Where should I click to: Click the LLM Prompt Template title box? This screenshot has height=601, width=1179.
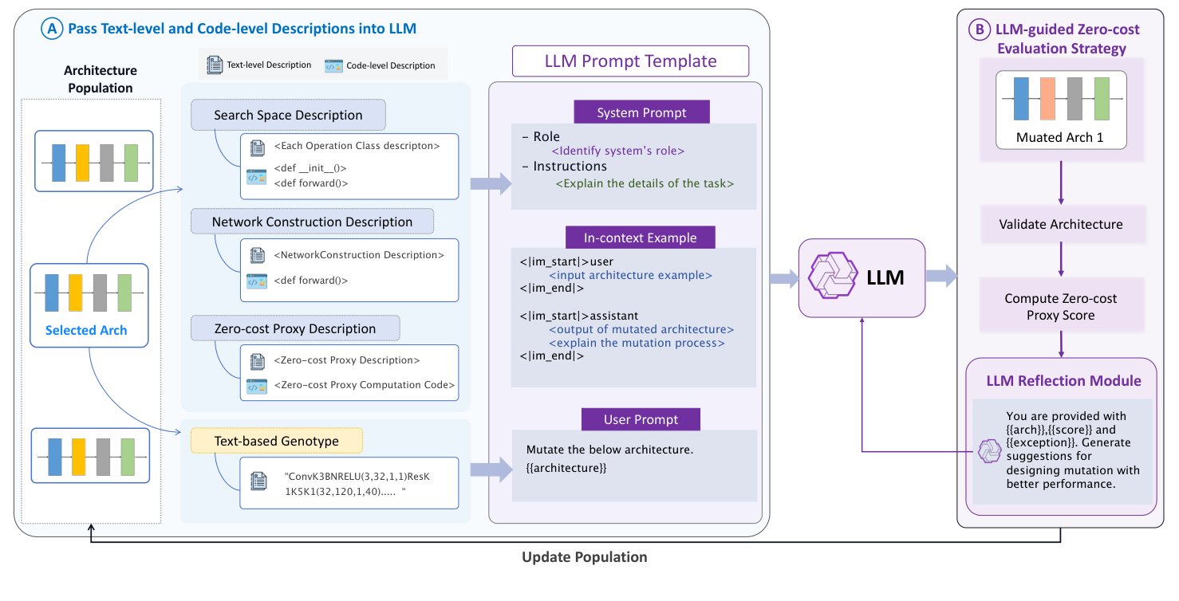point(630,61)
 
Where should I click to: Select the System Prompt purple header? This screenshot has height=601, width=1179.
point(641,112)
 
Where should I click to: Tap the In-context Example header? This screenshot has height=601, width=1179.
point(640,238)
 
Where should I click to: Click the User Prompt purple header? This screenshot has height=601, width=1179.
point(641,419)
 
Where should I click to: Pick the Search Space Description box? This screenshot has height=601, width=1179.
point(288,115)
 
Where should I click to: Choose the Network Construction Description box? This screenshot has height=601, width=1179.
point(312,222)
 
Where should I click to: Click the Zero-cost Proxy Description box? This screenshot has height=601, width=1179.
point(295,328)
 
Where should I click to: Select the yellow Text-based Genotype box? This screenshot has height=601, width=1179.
point(276,441)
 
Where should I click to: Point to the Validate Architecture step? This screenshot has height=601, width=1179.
point(1060,224)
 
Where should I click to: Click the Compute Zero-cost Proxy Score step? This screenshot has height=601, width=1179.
point(1060,307)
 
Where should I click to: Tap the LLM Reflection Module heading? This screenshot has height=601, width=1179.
point(1063,380)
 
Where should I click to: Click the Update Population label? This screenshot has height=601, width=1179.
point(584,557)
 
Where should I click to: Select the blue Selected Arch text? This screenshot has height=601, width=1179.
point(86,330)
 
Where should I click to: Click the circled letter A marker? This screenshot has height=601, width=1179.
point(53,29)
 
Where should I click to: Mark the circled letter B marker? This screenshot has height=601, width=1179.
point(979,29)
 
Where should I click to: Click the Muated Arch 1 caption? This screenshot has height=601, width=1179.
point(1059,137)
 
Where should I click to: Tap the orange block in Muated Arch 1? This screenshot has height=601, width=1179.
point(1047,99)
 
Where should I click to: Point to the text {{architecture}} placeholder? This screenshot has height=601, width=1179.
point(566,468)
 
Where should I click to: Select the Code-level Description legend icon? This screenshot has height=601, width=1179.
point(333,65)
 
